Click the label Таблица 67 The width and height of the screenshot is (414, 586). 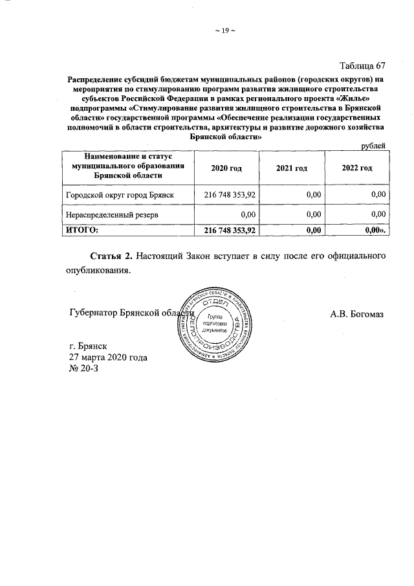tap(363, 65)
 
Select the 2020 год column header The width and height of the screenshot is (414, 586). tap(226, 168)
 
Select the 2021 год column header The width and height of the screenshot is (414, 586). tap(291, 168)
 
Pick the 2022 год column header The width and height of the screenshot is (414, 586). tap(356, 168)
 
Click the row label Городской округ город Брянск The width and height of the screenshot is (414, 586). tap(120, 194)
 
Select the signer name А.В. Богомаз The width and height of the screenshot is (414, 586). tap(356, 315)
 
